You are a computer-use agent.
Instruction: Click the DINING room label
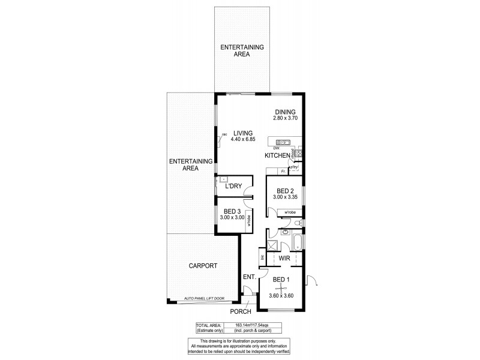[286, 112]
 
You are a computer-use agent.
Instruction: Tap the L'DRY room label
[233, 187]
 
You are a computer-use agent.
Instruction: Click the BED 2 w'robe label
[290, 212]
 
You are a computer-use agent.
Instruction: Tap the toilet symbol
[286, 230]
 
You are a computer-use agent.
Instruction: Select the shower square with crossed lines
[272, 245]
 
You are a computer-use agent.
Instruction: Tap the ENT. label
[250, 277]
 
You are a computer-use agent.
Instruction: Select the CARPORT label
[202, 266]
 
